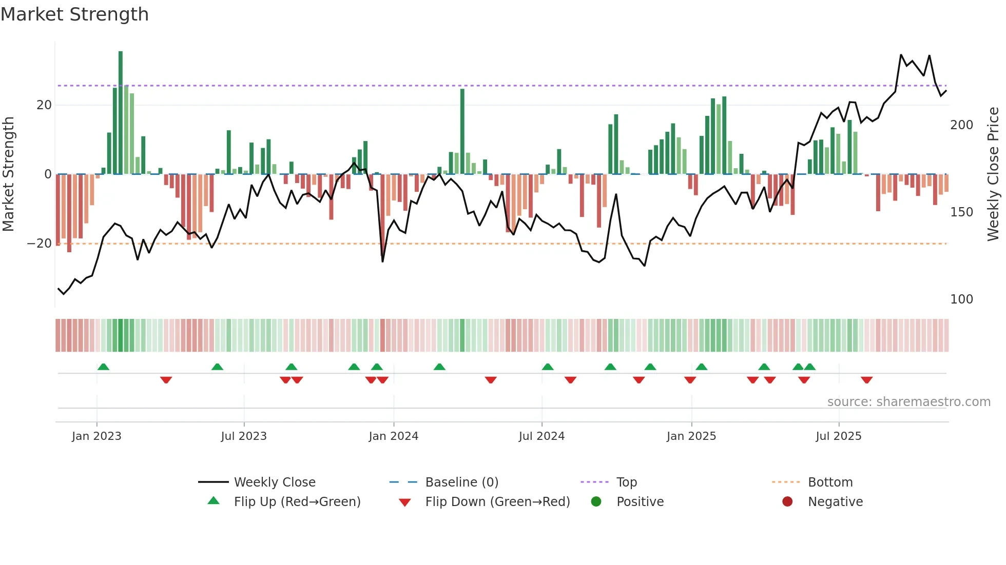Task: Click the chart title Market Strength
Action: (74, 14)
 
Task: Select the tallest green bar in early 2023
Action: (121, 113)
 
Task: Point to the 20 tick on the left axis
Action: (44, 105)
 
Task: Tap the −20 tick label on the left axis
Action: (40, 244)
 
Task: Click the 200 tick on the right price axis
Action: (961, 125)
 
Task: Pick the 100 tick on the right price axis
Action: (961, 299)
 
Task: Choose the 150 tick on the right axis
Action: (961, 212)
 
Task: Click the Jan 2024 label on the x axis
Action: (393, 436)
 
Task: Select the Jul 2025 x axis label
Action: (838, 436)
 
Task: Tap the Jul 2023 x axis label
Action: (244, 436)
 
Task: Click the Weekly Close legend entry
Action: (274, 482)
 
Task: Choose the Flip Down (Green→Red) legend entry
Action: (497, 502)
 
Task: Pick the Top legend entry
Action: (626, 482)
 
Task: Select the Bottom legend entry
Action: (830, 482)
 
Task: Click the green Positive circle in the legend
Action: (596, 502)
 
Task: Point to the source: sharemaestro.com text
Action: (908, 402)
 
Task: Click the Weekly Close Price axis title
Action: (993, 174)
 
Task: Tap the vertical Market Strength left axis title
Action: (9, 174)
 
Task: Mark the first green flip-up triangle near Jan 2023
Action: (103, 367)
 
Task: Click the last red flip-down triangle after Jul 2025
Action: (866, 380)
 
